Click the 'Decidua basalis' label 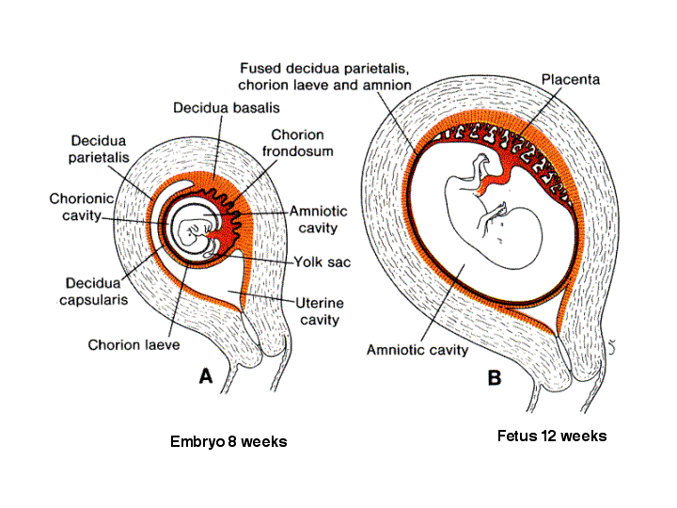[x=227, y=108]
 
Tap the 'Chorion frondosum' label [x=297, y=143]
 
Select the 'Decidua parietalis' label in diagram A [x=99, y=149]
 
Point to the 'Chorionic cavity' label [x=82, y=207]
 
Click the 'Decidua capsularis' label [x=93, y=292]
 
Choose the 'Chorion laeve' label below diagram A [x=134, y=345]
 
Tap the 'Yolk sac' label [x=323, y=262]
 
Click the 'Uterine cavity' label [x=320, y=311]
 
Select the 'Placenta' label [x=571, y=79]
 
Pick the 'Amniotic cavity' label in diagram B [x=417, y=350]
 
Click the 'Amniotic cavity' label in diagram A [x=318, y=219]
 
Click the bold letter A [x=206, y=376]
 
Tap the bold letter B [x=495, y=378]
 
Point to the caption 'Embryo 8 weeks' [x=228, y=441]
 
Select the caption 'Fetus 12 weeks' [x=552, y=436]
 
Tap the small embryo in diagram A [x=194, y=236]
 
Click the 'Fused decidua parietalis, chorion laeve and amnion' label [x=324, y=77]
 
